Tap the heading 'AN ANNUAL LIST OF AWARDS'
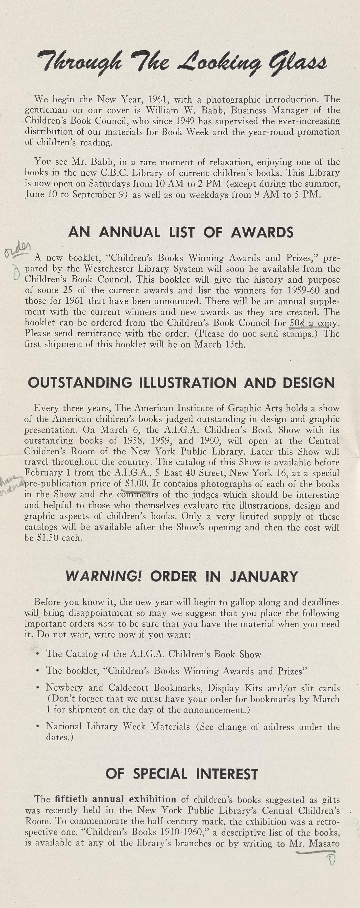point(181,232)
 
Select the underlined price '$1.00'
point(135,484)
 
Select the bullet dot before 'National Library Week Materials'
point(37,726)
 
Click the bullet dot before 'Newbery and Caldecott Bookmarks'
point(37,688)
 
